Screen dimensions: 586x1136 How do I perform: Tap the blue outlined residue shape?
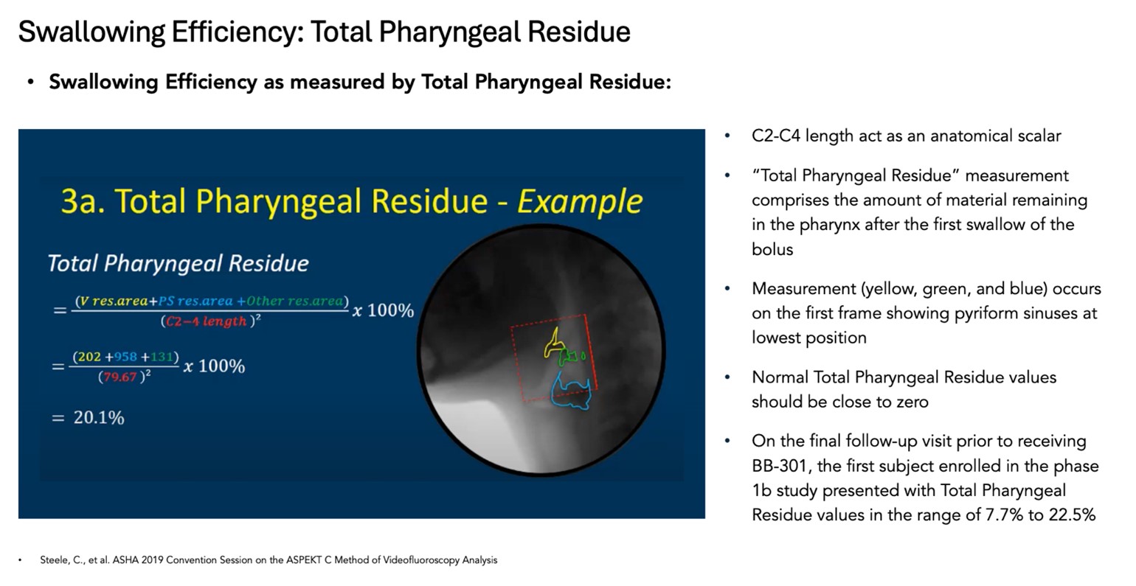(x=574, y=391)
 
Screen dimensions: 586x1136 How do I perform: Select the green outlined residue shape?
(x=570, y=357)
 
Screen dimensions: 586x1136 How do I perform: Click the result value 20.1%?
(x=99, y=418)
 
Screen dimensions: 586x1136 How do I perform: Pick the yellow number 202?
(x=89, y=357)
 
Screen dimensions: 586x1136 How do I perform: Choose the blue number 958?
(x=125, y=357)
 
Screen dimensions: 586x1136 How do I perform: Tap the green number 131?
(x=161, y=357)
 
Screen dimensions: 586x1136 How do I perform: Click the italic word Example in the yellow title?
(x=580, y=201)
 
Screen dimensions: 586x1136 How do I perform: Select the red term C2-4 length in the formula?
(x=207, y=321)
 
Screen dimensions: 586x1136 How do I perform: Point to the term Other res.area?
(x=294, y=301)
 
